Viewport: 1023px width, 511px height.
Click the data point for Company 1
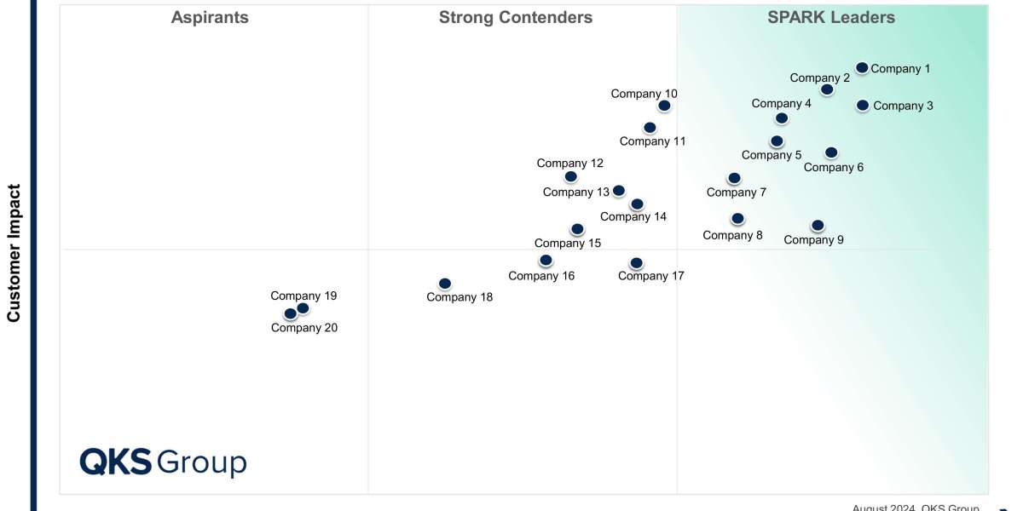(x=862, y=68)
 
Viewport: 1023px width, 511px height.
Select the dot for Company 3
(x=863, y=106)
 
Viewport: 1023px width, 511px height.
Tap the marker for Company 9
(x=818, y=226)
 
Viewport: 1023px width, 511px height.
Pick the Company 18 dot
(x=444, y=284)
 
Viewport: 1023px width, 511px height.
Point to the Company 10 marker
(x=664, y=106)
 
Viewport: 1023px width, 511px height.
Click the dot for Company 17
(x=636, y=263)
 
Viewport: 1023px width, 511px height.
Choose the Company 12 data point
(x=570, y=177)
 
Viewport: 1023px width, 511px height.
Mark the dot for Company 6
(x=831, y=152)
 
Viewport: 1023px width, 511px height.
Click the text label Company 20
(x=304, y=328)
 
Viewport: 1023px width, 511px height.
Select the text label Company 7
(x=737, y=192)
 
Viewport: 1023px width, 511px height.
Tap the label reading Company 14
(x=633, y=216)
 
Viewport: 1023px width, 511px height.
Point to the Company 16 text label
(x=541, y=276)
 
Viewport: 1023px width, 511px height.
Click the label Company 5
(x=772, y=155)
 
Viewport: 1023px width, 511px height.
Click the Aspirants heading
(x=210, y=17)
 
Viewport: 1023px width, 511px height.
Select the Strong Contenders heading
(x=516, y=17)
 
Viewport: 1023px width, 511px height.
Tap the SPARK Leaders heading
(x=831, y=17)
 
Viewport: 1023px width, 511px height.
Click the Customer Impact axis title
(x=14, y=253)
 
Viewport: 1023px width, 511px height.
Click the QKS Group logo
(x=163, y=462)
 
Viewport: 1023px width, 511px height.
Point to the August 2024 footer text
(x=916, y=508)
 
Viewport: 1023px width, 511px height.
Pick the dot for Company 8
(x=737, y=219)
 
